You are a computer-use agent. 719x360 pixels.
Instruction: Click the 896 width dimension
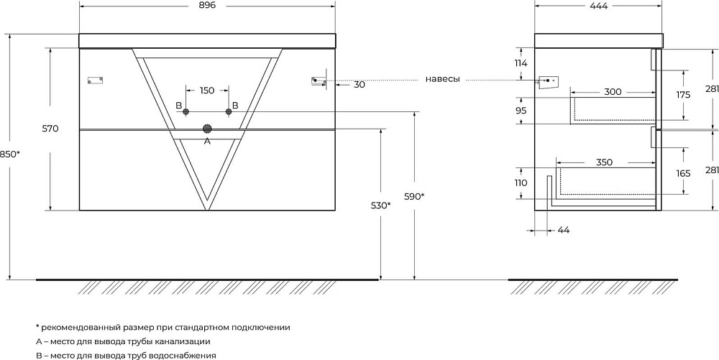click(207, 5)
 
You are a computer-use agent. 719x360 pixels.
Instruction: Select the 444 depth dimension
click(599, 6)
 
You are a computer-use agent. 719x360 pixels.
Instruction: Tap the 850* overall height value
click(10, 154)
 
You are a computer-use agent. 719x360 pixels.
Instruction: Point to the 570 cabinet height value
click(50, 129)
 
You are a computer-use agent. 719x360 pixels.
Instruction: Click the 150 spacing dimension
click(207, 91)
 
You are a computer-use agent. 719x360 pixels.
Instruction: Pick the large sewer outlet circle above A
click(207, 129)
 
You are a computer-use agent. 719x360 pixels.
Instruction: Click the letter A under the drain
click(207, 142)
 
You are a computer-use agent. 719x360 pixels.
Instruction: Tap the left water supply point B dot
click(186, 112)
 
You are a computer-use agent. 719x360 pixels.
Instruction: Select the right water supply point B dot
click(229, 112)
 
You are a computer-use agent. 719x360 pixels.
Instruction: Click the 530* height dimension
click(380, 206)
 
